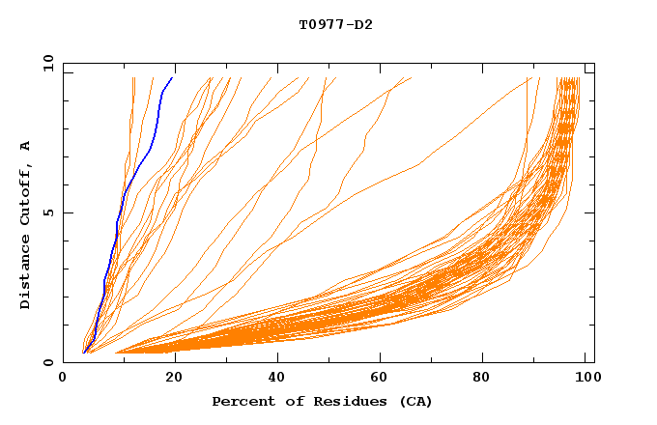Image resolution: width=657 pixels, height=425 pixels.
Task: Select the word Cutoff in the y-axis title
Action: pyautogui.click(x=26, y=199)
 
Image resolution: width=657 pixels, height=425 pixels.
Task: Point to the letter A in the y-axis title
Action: pyautogui.click(x=26, y=147)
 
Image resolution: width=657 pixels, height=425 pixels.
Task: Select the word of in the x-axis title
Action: pyautogui.click(x=290, y=402)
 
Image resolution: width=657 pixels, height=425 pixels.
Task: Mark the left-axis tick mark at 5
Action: pyautogui.click(x=67, y=212)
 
